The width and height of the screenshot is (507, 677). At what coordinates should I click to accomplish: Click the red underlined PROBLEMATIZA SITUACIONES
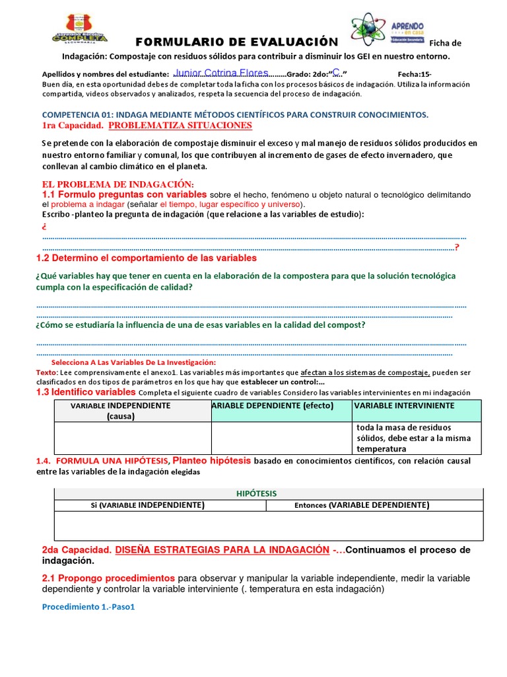(180, 125)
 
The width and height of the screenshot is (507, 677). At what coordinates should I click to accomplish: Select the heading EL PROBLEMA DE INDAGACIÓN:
(118, 184)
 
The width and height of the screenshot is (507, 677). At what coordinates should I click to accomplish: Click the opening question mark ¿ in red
(44, 227)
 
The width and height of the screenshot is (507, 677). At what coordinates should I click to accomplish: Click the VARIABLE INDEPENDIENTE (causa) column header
(121, 411)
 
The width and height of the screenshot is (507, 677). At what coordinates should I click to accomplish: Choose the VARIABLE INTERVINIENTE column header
(405, 405)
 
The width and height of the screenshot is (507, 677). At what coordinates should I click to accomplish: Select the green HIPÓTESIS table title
(256, 494)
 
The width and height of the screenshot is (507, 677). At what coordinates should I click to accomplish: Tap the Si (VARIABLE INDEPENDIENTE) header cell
(147, 505)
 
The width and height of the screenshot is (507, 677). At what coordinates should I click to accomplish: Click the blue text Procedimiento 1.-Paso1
(88, 607)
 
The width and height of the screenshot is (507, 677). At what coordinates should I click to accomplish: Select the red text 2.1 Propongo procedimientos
(108, 578)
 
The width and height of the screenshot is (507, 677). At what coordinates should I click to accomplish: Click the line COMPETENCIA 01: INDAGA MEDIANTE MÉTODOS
(235, 114)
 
